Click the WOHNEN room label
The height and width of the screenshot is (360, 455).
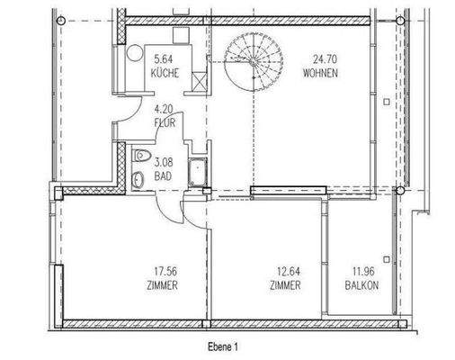coord(320,74)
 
